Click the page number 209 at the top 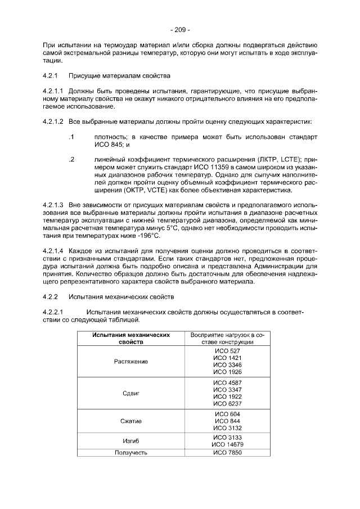point(180,30)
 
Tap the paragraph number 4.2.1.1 point(54,90)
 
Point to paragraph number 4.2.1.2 point(54,121)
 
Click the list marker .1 point(71,137)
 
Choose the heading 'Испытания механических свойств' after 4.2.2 point(121,296)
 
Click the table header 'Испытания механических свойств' point(131,338)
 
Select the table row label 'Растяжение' point(131,361)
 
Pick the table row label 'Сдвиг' point(131,393)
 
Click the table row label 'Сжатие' point(131,421)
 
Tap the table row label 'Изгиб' point(131,440)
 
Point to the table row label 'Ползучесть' point(131,452)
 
